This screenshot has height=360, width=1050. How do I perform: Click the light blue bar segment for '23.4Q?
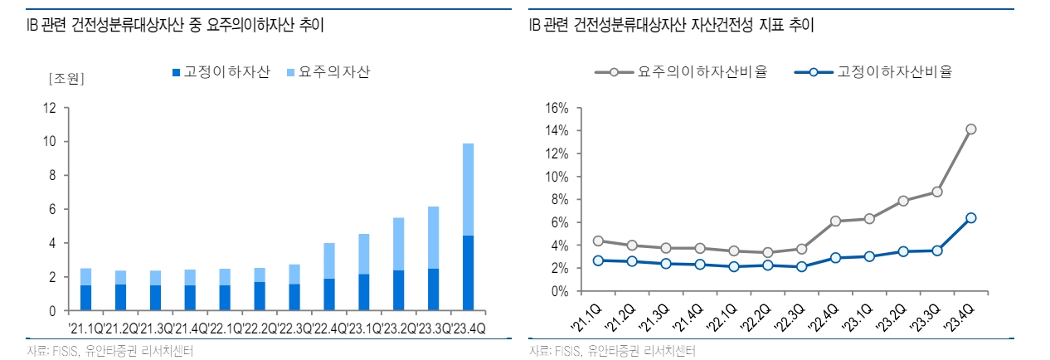click(x=468, y=189)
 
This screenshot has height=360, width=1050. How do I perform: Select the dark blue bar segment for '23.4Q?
click(x=468, y=273)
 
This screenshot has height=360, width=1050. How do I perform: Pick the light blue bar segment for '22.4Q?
click(x=329, y=260)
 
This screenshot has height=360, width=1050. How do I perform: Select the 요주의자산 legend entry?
click(x=328, y=72)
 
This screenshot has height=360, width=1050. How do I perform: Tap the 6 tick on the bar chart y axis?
click(x=53, y=209)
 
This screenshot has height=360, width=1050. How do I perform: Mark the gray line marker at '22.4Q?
click(x=835, y=221)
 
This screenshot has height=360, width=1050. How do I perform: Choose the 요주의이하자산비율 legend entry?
click(x=681, y=72)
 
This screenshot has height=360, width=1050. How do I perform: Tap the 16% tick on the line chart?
click(x=555, y=108)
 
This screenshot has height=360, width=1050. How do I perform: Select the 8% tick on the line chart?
click(x=558, y=199)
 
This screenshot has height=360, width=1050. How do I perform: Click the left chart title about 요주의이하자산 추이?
click(x=175, y=26)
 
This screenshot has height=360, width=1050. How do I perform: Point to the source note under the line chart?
click(x=612, y=351)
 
